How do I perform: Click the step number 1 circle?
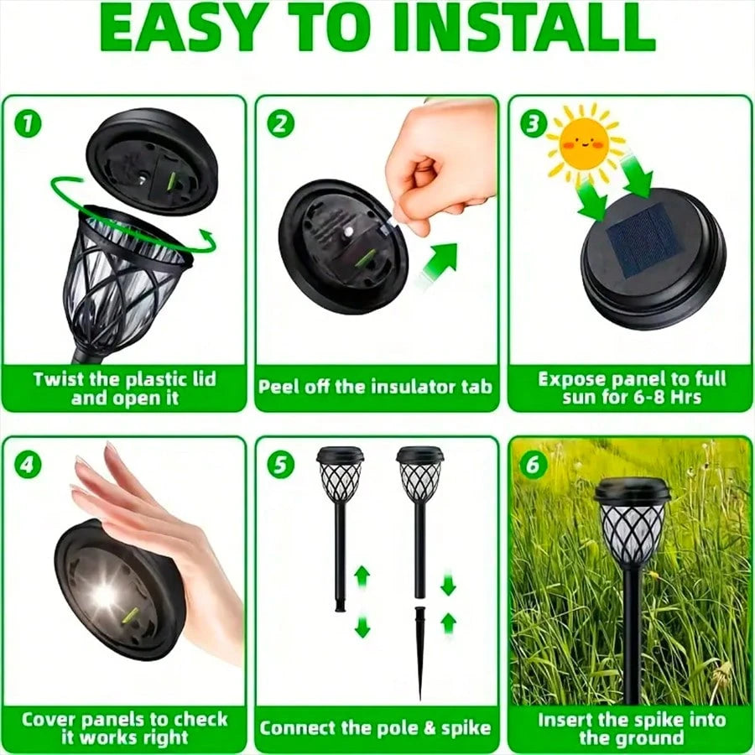29,125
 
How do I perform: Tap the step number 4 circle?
29,464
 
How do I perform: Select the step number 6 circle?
536,464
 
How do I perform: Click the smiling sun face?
585,141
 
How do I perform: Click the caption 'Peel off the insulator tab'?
375,388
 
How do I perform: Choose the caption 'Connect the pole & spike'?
375,726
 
